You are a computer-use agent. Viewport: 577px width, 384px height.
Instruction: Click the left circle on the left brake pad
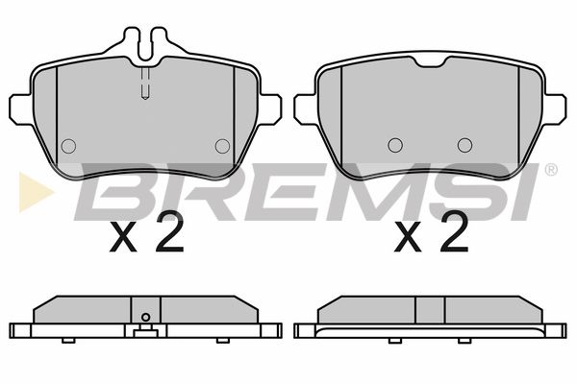pos(68,146)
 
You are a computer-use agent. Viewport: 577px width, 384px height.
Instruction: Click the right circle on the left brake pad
pos(222,146)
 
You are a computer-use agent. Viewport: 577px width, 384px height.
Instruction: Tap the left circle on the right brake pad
pos(395,145)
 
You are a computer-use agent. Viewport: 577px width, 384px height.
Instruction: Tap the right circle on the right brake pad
pos(465,145)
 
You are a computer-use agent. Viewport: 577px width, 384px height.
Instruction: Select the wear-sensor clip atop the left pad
pos(145,42)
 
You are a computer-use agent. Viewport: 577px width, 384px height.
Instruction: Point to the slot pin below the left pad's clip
pos(145,84)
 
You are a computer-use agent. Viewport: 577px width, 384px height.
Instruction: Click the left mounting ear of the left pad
pos(21,109)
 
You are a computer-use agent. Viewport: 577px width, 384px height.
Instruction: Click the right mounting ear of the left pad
pos(269,109)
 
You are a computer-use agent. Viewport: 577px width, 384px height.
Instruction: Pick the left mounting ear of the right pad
pos(306,109)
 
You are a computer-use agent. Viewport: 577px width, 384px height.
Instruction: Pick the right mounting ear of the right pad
pos(554,109)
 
